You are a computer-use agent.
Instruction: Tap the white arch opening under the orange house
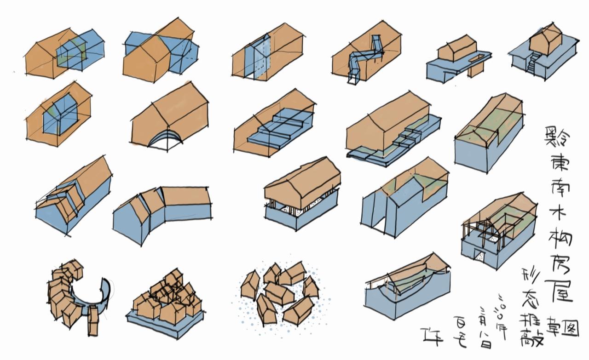click(164, 141)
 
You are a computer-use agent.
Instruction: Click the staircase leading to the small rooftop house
click(531, 63)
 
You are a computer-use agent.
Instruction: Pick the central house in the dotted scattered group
click(279, 292)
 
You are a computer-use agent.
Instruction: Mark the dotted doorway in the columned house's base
click(479, 257)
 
